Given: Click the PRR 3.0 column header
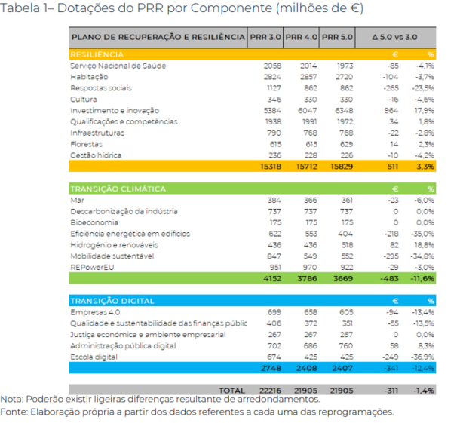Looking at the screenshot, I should point(266,37).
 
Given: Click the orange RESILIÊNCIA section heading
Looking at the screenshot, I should point(97,55).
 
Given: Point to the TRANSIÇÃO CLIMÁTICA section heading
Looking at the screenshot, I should point(118,189).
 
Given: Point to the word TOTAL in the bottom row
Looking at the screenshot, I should point(230,391).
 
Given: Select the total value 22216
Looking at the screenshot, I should point(267,391).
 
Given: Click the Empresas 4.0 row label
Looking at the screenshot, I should point(94,312).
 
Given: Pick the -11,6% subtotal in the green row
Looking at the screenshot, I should point(422,279).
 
